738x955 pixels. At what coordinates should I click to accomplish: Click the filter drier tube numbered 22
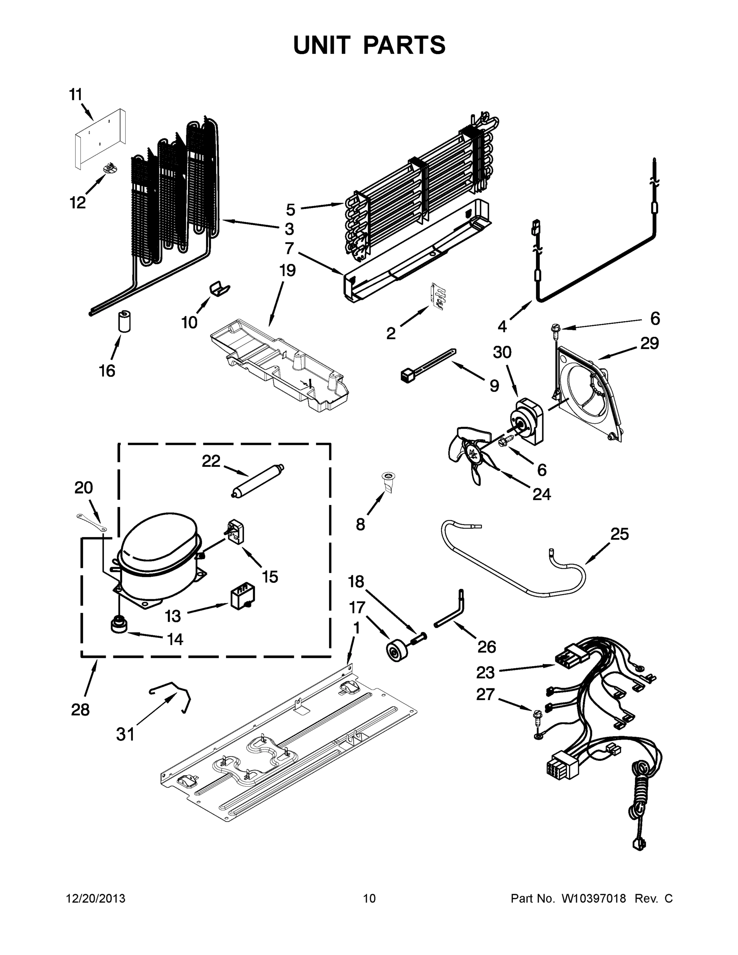257,480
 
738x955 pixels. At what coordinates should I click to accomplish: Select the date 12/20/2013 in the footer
96,898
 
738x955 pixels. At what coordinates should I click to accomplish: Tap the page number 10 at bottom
370,898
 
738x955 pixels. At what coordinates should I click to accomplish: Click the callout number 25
619,534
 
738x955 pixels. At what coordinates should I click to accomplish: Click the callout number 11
76,94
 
